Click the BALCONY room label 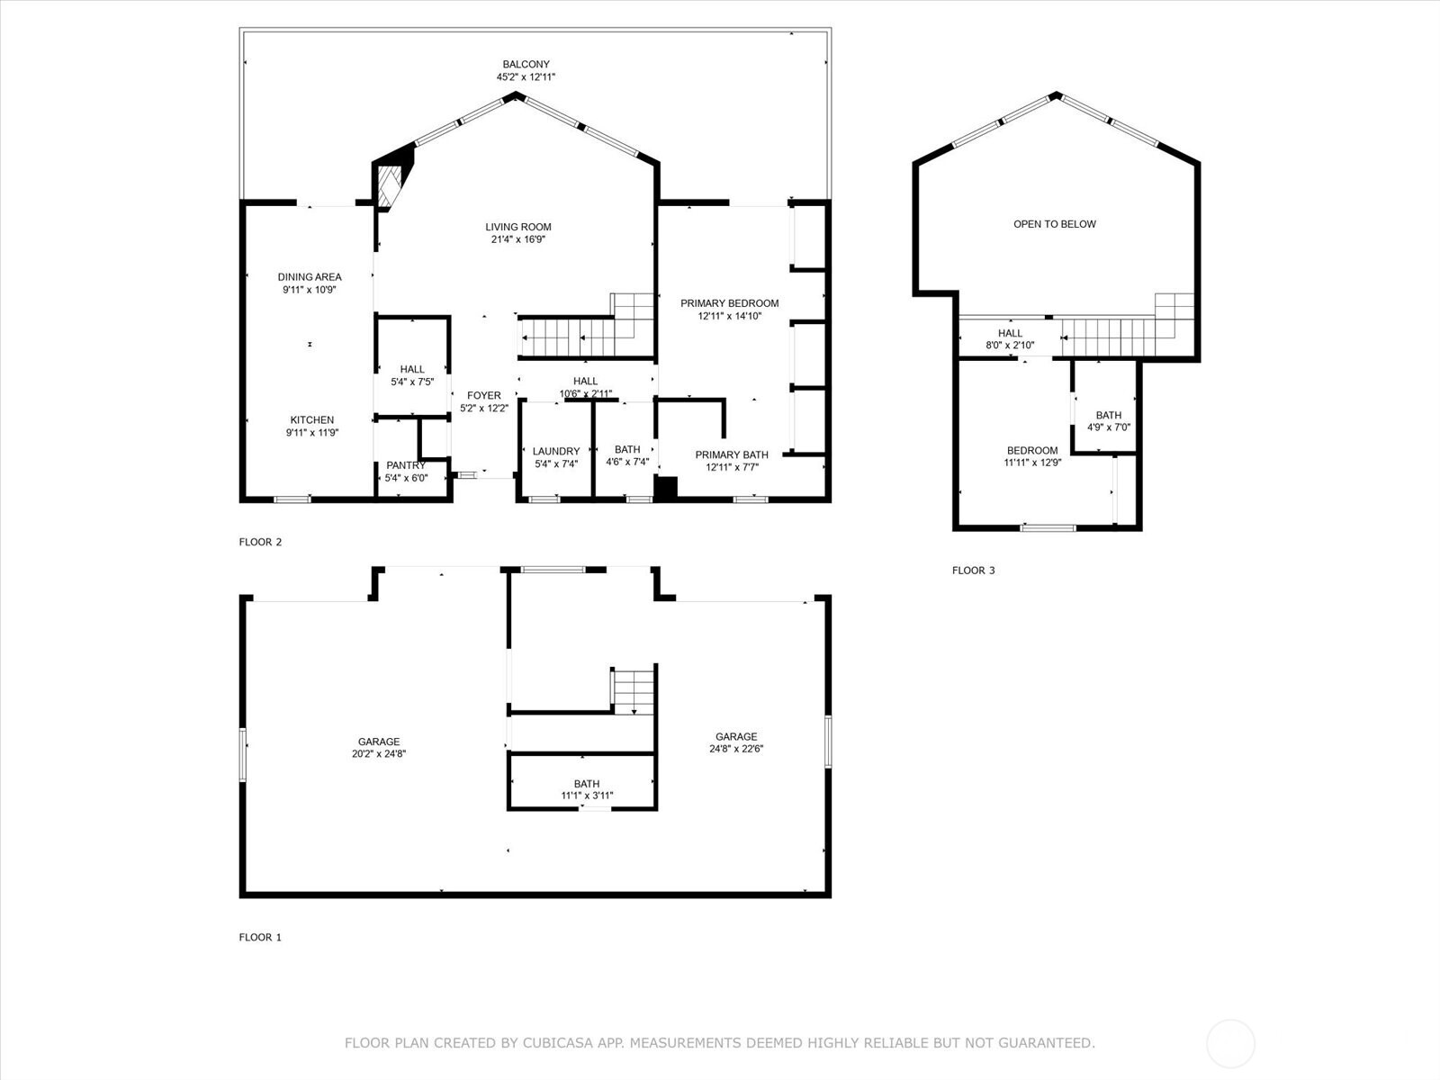tap(526, 64)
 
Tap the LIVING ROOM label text tap(518, 227)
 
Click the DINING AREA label tap(310, 276)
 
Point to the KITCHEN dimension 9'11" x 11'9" tap(312, 433)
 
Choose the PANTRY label tap(406, 465)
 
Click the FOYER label tap(484, 395)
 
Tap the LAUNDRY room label tap(556, 451)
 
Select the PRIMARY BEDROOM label tap(730, 303)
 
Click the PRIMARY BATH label tap(732, 454)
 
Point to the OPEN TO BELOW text tap(1055, 224)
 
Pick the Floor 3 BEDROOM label tap(1032, 451)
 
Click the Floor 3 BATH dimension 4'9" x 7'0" tap(1109, 427)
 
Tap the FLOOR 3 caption tap(974, 571)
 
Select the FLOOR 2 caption tap(260, 542)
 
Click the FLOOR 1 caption tap(260, 937)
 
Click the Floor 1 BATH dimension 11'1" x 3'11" tap(587, 796)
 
